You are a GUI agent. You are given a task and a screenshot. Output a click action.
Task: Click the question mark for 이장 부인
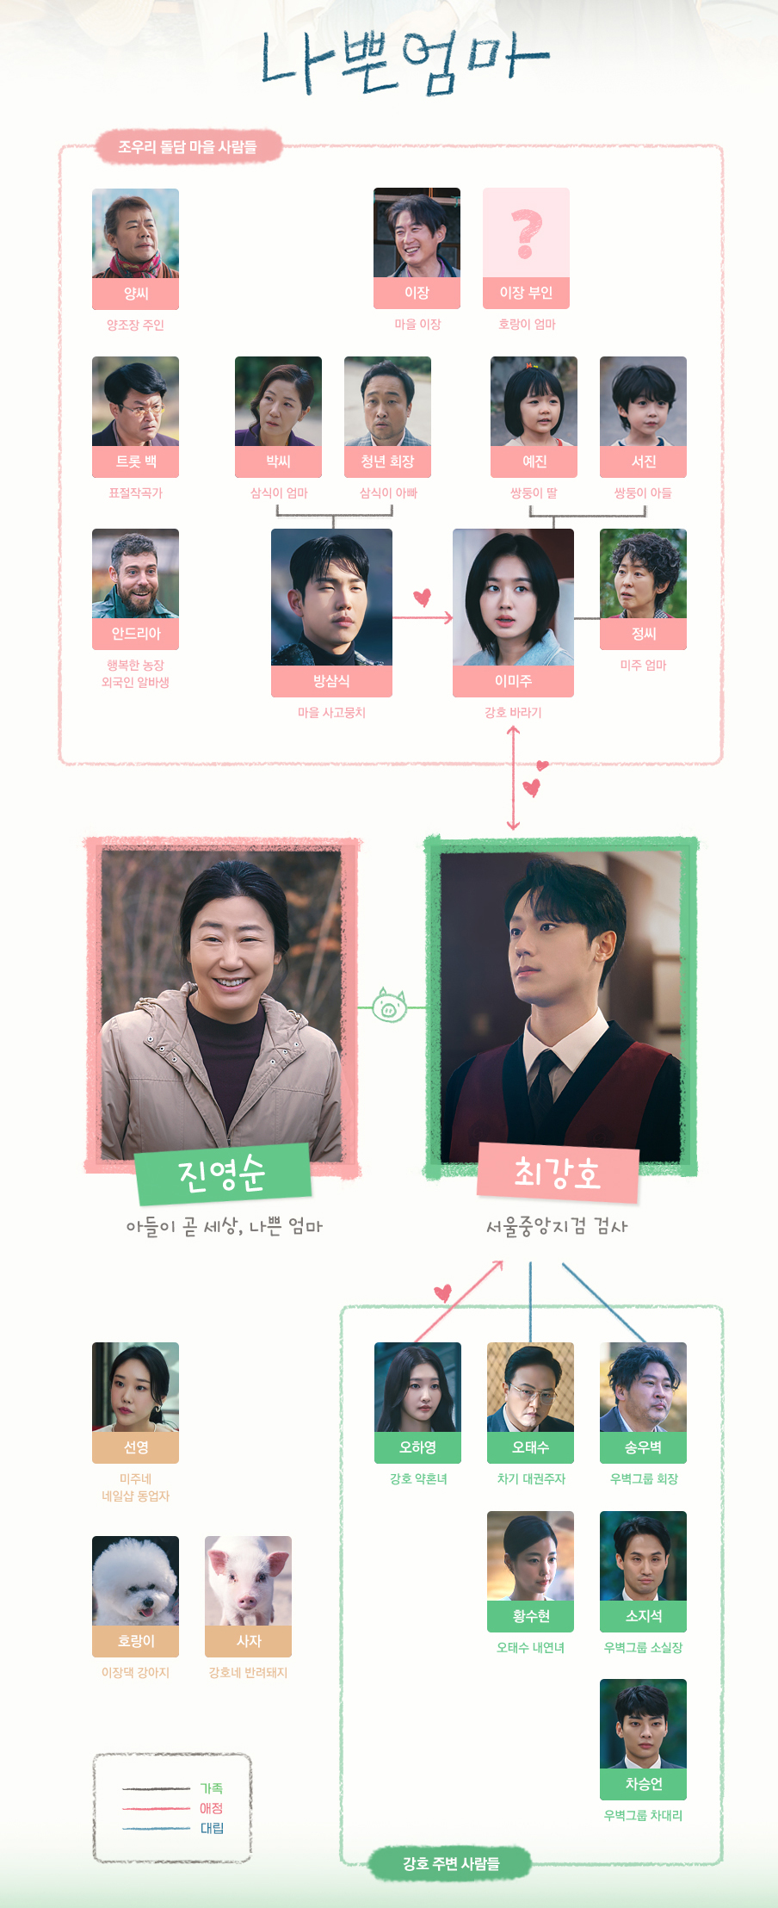526,233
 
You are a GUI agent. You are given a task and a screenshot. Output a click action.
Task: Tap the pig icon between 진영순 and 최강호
389,1005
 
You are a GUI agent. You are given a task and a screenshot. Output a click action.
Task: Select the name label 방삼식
331,681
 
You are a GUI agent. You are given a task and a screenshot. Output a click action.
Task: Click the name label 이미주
513,681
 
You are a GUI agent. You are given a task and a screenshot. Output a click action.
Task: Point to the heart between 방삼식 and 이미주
422,597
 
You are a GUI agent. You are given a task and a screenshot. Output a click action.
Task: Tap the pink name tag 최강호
558,1174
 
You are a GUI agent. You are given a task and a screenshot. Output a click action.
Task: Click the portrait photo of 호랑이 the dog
135,1581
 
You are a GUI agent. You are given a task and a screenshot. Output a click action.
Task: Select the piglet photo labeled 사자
248,1581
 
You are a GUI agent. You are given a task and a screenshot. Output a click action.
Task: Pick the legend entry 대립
212,1828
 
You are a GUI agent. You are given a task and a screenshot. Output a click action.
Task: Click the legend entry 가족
212,1788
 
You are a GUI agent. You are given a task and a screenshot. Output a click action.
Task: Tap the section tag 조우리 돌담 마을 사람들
188,147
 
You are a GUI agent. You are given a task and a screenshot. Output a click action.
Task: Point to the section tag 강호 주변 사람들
451,1863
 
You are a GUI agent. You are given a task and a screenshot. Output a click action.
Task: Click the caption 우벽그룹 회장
644,1478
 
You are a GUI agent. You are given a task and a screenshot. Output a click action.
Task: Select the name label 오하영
417,1447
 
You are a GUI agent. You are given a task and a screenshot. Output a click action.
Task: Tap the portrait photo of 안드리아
135,573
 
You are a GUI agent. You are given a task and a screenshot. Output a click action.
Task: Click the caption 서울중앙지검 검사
557,1226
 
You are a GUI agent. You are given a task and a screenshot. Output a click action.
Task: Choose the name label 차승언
643,1784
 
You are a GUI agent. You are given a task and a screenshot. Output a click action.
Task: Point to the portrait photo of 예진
534,401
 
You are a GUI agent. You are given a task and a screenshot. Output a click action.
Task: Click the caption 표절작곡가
135,492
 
